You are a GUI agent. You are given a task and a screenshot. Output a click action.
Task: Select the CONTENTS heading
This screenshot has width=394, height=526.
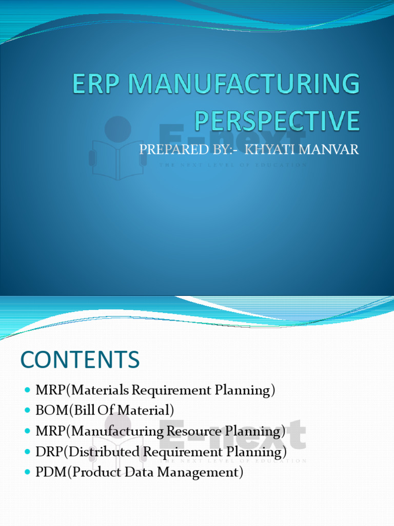click(80, 360)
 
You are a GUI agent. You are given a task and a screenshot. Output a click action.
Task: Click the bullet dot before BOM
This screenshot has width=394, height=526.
click(28, 410)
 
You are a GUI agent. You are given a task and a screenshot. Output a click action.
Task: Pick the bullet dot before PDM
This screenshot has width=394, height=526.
click(28, 472)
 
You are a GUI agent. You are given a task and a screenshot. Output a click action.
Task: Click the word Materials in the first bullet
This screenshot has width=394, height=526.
click(102, 390)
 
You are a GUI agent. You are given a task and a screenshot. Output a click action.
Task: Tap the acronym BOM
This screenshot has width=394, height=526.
click(49, 411)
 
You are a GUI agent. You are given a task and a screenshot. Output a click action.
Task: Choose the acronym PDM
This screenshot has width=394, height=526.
click(48, 473)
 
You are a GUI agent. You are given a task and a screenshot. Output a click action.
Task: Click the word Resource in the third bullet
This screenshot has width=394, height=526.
click(190, 431)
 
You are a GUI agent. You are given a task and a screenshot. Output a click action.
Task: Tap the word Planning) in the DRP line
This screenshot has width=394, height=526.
click(256, 452)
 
